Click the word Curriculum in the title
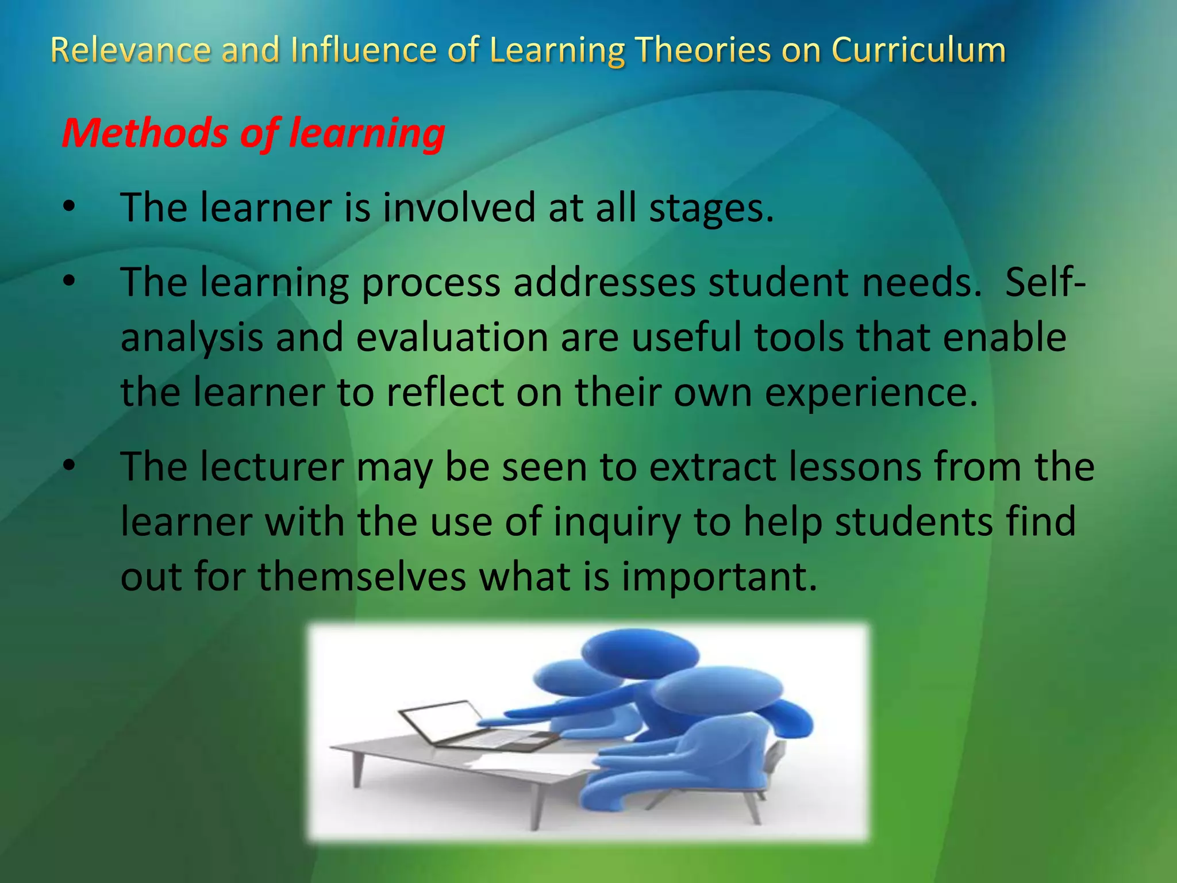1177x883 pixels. coord(918,50)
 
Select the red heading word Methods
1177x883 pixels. coord(145,133)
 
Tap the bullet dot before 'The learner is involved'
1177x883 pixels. coord(69,208)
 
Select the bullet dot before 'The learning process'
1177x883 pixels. coord(69,282)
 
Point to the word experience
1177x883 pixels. coord(871,393)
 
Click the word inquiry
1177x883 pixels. coord(617,522)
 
